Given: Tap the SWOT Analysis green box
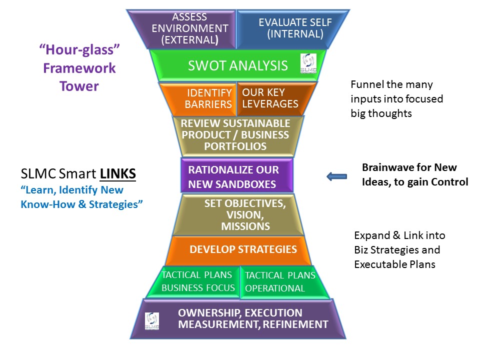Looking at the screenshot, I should tap(238, 65).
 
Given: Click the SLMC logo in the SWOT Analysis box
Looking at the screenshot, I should tap(308, 63).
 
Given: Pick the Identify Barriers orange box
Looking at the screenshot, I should tap(202, 98).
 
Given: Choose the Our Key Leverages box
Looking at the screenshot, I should tap(272, 98).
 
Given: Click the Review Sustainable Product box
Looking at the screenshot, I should tap(235, 135).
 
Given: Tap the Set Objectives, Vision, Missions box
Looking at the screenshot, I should tap(238, 215).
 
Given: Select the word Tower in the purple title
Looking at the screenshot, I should tap(79, 86).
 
